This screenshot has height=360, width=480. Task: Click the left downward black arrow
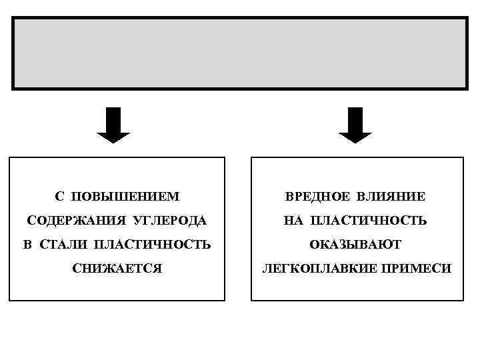click(113, 125)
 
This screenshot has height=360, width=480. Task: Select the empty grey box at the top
click(239, 53)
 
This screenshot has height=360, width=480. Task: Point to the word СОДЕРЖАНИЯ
click(62, 221)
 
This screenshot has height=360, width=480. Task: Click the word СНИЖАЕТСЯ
click(117, 269)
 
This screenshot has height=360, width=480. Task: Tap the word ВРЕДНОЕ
click(316, 197)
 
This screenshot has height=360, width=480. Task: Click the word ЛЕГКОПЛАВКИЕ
click(306, 269)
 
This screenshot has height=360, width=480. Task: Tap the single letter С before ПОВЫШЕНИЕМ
click(59, 197)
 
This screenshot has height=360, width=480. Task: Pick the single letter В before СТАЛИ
click(27, 245)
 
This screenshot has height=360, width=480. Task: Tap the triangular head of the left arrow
click(113, 136)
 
